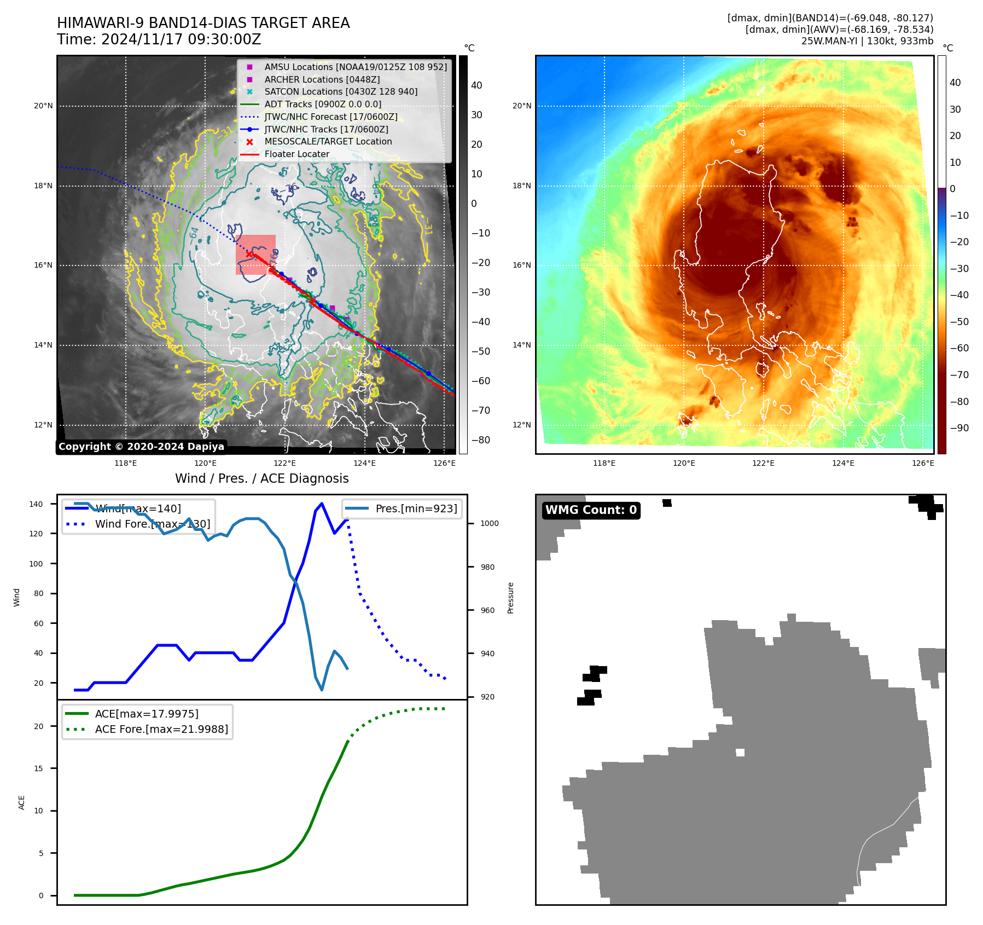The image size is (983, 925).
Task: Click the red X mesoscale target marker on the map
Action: (249, 254)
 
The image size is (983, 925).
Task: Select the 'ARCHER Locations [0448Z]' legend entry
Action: (322, 79)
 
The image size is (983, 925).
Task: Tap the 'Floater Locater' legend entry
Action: (296, 154)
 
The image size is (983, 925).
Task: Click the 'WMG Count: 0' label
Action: (591, 510)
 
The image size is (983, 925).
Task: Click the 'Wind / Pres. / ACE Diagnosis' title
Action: (261, 478)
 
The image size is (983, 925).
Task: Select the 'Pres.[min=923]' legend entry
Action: (416, 508)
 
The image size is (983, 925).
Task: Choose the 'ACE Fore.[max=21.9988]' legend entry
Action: (161, 729)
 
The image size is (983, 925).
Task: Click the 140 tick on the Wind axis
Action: (36, 504)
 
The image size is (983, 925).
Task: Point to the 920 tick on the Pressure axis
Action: (487, 697)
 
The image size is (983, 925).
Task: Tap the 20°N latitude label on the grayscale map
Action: (43, 106)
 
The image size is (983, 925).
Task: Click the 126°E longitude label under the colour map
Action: (923, 463)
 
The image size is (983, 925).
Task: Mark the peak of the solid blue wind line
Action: (322, 503)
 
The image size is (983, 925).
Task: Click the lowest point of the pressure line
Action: (322, 690)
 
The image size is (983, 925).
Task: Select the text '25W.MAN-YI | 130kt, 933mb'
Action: (867, 41)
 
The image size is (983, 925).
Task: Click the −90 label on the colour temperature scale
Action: (959, 428)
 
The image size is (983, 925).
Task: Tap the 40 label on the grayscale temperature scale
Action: (476, 85)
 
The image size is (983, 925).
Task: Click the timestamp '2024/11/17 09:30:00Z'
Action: (181, 40)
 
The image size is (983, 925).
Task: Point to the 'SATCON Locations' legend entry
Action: (340, 92)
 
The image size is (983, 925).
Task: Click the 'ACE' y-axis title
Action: (22, 802)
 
